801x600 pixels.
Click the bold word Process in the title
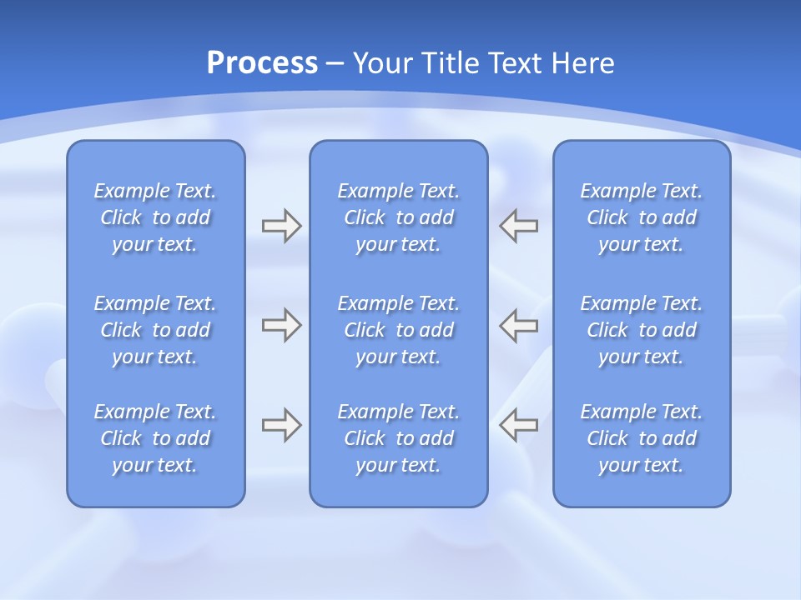[x=262, y=63]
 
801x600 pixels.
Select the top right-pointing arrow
[x=281, y=226]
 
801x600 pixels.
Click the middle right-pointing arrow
[x=281, y=325]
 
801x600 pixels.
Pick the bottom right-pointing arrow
[x=281, y=425]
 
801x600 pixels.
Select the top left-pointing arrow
[x=519, y=226]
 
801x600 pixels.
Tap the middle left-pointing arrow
[x=519, y=325]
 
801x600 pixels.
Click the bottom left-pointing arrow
[x=519, y=425]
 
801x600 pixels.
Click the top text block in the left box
[x=155, y=217]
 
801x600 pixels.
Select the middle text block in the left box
[x=155, y=330]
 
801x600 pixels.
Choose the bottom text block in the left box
[x=155, y=438]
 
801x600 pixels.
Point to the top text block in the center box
[x=398, y=217]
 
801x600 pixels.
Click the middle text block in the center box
[x=398, y=330]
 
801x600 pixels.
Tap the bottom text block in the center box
[x=398, y=438]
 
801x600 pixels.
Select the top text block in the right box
[x=641, y=217]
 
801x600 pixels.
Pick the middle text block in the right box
[x=641, y=330]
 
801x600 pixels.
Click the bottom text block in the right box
[x=641, y=438]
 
